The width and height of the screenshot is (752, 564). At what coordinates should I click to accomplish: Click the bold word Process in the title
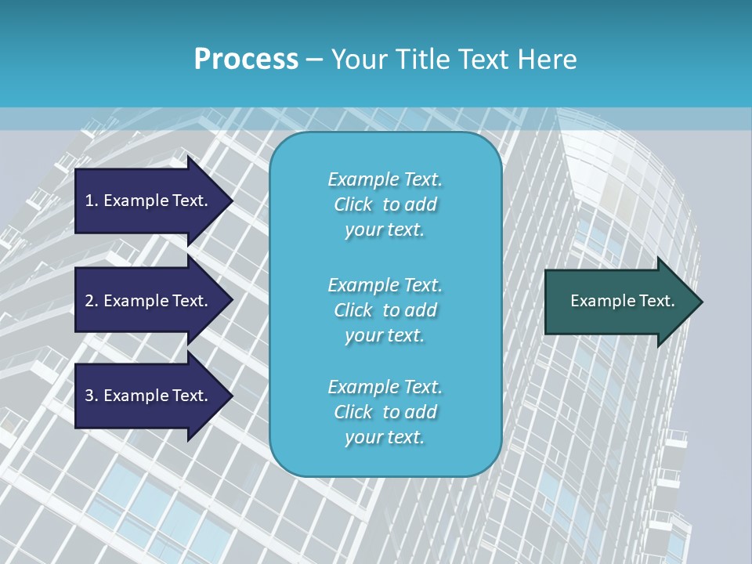246,59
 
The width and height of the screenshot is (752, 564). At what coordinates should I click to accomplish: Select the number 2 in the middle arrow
89,301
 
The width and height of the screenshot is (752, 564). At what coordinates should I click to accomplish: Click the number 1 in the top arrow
89,201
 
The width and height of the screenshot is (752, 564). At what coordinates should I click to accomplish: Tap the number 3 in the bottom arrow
89,396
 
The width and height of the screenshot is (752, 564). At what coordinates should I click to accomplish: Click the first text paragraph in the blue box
385,204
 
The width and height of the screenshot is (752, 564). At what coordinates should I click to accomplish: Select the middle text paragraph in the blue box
385,309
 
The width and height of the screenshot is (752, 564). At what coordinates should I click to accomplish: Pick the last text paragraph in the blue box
385,412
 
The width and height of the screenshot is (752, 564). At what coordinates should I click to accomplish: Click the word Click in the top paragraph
353,204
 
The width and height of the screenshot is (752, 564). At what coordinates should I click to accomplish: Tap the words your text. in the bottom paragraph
385,437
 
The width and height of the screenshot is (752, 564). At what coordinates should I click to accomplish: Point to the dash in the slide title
314,60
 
